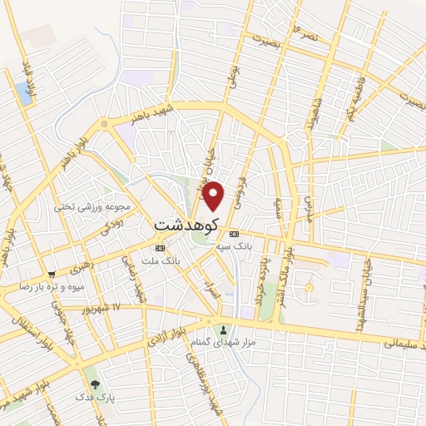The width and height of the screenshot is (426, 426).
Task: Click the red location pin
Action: [214, 196]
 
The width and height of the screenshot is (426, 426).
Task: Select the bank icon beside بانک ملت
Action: [160, 248]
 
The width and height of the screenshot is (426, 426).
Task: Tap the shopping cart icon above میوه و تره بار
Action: [52, 274]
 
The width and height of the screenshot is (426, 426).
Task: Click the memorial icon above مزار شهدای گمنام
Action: [222, 329]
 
